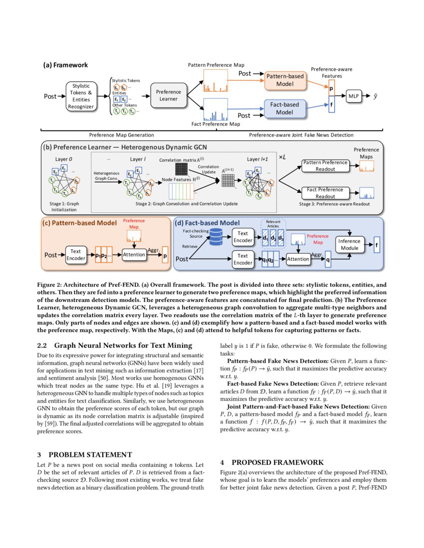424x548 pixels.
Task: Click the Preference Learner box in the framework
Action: pyautogui.click(x=168, y=95)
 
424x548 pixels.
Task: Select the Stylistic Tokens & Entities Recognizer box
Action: pyautogui.click(x=81, y=95)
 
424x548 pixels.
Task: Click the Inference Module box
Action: pyautogui.click(x=349, y=244)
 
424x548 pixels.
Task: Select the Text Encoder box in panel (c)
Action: pyautogui.click(x=76, y=255)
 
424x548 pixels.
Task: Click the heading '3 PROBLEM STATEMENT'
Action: pyautogui.click(x=85, y=454)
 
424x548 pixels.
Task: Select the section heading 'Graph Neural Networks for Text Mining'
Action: pyautogui.click(x=123, y=345)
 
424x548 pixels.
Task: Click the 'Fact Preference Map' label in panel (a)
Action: pyautogui.click(x=215, y=123)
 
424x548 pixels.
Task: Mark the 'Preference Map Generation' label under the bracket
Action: pyautogui.click(x=121, y=135)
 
